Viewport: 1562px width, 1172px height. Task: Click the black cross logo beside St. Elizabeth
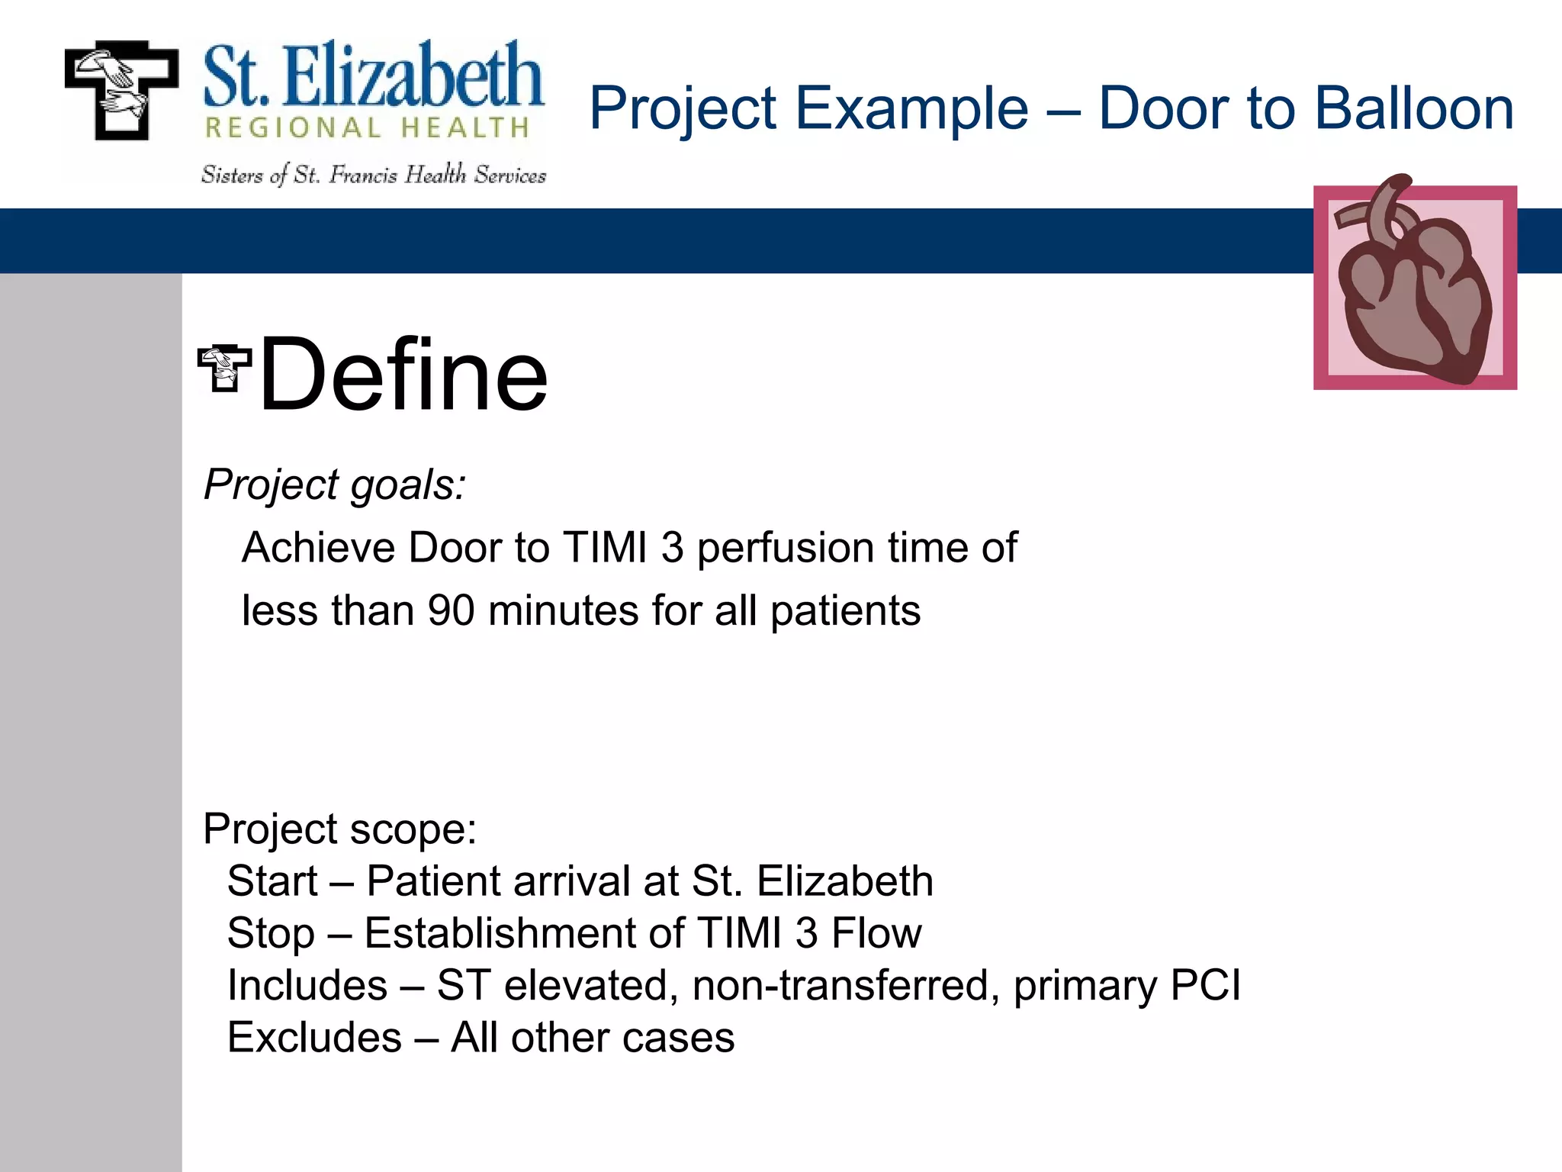pyautogui.click(x=121, y=89)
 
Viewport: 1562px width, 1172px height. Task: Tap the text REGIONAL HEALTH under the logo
pyautogui.click(x=367, y=127)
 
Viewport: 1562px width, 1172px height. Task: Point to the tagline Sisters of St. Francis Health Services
pyautogui.click(x=373, y=175)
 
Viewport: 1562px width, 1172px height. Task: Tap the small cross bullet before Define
pyautogui.click(x=224, y=369)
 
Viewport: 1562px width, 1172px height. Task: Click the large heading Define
pyautogui.click(x=403, y=375)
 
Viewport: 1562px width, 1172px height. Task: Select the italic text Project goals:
pyautogui.click(x=335, y=485)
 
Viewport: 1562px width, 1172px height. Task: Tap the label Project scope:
pyautogui.click(x=339, y=829)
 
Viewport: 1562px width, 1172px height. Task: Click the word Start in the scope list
pyautogui.click(x=272, y=881)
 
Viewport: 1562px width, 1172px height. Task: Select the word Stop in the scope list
pyautogui.click(x=271, y=933)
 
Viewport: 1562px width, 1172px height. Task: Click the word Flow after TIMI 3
pyautogui.click(x=876, y=933)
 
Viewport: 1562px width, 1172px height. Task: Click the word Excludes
pyautogui.click(x=314, y=1038)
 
